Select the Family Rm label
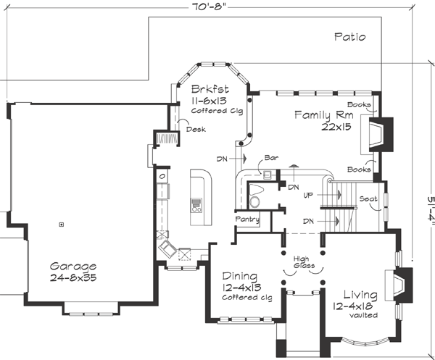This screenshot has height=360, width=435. (324, 115)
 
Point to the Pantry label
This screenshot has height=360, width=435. (247, 219)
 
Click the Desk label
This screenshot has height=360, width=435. (195, 130)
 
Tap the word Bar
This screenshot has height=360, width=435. (272, 156)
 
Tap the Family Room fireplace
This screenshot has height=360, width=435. (380, 134)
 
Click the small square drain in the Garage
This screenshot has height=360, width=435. (62, 224)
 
